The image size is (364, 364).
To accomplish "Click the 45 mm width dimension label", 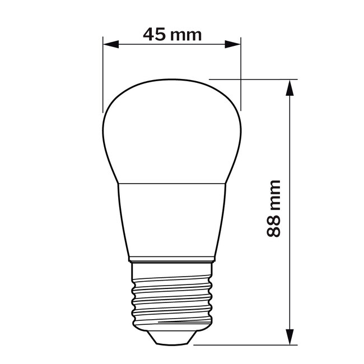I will (172, 34).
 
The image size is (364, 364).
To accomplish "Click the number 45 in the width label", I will (155, 34).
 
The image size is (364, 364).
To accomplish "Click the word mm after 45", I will (186, 35).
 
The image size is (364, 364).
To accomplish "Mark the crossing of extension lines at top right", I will (241, 79).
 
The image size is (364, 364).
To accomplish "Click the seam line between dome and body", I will (172, 183).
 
